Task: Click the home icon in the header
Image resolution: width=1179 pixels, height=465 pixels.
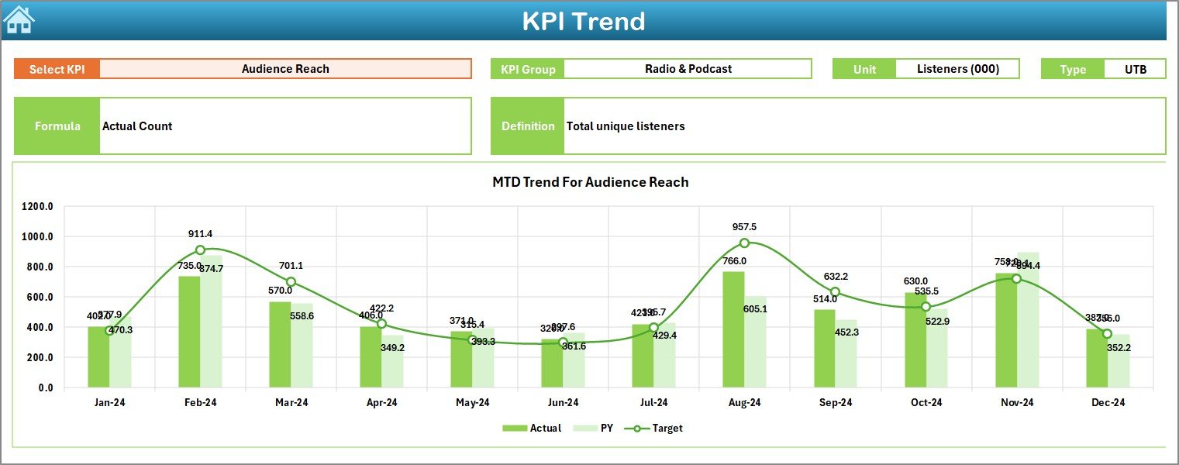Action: click(x=19, y=20)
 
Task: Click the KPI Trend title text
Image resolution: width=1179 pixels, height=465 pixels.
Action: click(x=583, y=21)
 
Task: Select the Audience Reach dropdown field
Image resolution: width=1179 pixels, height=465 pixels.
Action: click(x=285, y=69)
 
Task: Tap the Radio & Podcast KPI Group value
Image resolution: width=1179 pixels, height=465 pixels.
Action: click(x=688, y=69)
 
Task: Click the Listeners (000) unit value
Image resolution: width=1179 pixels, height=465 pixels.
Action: click(x=957, y=69)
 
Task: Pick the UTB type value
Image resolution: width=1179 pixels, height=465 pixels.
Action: click(x=1135, y=69)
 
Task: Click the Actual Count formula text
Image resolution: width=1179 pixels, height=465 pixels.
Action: click(x=137, y=126)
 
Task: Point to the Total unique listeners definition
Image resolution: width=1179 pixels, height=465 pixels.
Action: click(x=626, y=126)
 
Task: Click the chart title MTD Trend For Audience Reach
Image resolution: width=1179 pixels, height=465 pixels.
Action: click(x=590, y=182)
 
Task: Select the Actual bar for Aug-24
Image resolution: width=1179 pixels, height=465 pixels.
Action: click(x=733, y=329)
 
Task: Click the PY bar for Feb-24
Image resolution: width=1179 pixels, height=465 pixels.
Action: click(x=212, y=322)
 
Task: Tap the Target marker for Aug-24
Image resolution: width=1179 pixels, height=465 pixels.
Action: click(x=744, y=243)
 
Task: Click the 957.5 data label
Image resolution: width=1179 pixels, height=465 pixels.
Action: click(x=744, y=227)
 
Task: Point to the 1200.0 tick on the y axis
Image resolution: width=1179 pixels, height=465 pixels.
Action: click(x=37, y=207)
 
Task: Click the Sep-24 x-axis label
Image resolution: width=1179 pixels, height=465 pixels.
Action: click(x=835, y=403)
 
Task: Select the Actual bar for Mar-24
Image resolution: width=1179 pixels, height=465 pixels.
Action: click(x=280, y=345)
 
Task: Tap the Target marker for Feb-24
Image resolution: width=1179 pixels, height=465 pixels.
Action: click(x=200, y=250)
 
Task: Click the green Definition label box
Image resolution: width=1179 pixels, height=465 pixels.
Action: click(x=527, y=126)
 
